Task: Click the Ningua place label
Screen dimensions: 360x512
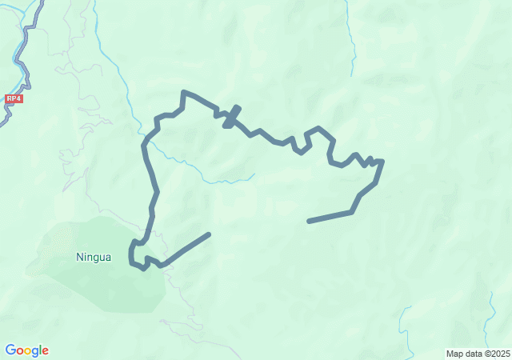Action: pos(93,258)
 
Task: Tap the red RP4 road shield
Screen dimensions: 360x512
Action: pos(13,98)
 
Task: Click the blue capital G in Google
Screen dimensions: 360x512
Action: pos(10,350)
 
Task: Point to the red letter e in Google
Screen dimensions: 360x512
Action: pos(45,350)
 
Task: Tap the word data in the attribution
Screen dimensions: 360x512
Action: pos(473,354)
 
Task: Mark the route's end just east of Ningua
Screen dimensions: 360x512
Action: pos(209,234)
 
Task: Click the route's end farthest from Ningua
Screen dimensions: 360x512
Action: pos(309,221)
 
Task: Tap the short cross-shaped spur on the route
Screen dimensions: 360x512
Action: pos(231,117)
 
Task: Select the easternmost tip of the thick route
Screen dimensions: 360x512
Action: pos(383,162)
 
